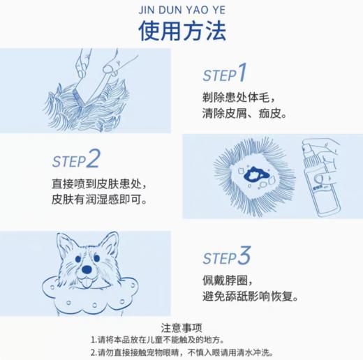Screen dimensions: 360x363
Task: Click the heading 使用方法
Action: (x=181, y=32)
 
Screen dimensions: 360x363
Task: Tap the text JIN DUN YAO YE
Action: (x=181, y=10)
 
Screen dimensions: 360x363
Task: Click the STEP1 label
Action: (x=225, y=73)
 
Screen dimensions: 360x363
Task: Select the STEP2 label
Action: (x=76, y=160)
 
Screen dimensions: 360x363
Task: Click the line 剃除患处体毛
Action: (x=241, y=96)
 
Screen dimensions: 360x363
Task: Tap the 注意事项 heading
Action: (x=181, y=327)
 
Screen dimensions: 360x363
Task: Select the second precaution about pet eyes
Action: (x=181, y=352)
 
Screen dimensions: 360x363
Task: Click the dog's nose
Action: (x=87, y=270)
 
